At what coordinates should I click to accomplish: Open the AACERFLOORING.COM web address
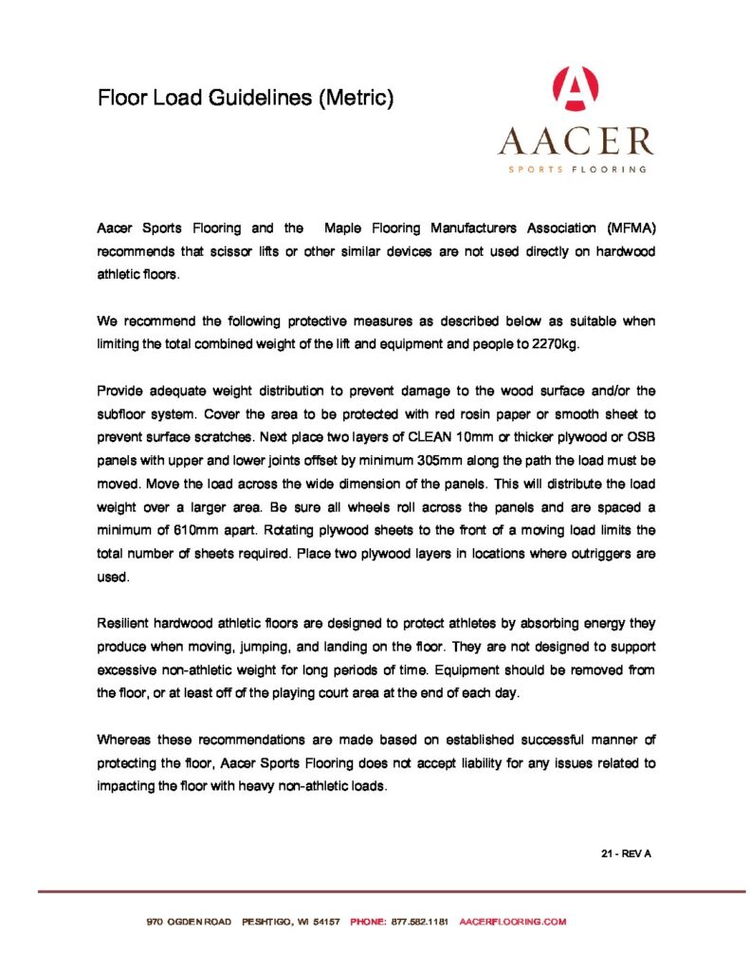pyautogui.click(x=512, y=922)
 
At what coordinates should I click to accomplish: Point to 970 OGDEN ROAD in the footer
pyautogui.click(x=189, y=922)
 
